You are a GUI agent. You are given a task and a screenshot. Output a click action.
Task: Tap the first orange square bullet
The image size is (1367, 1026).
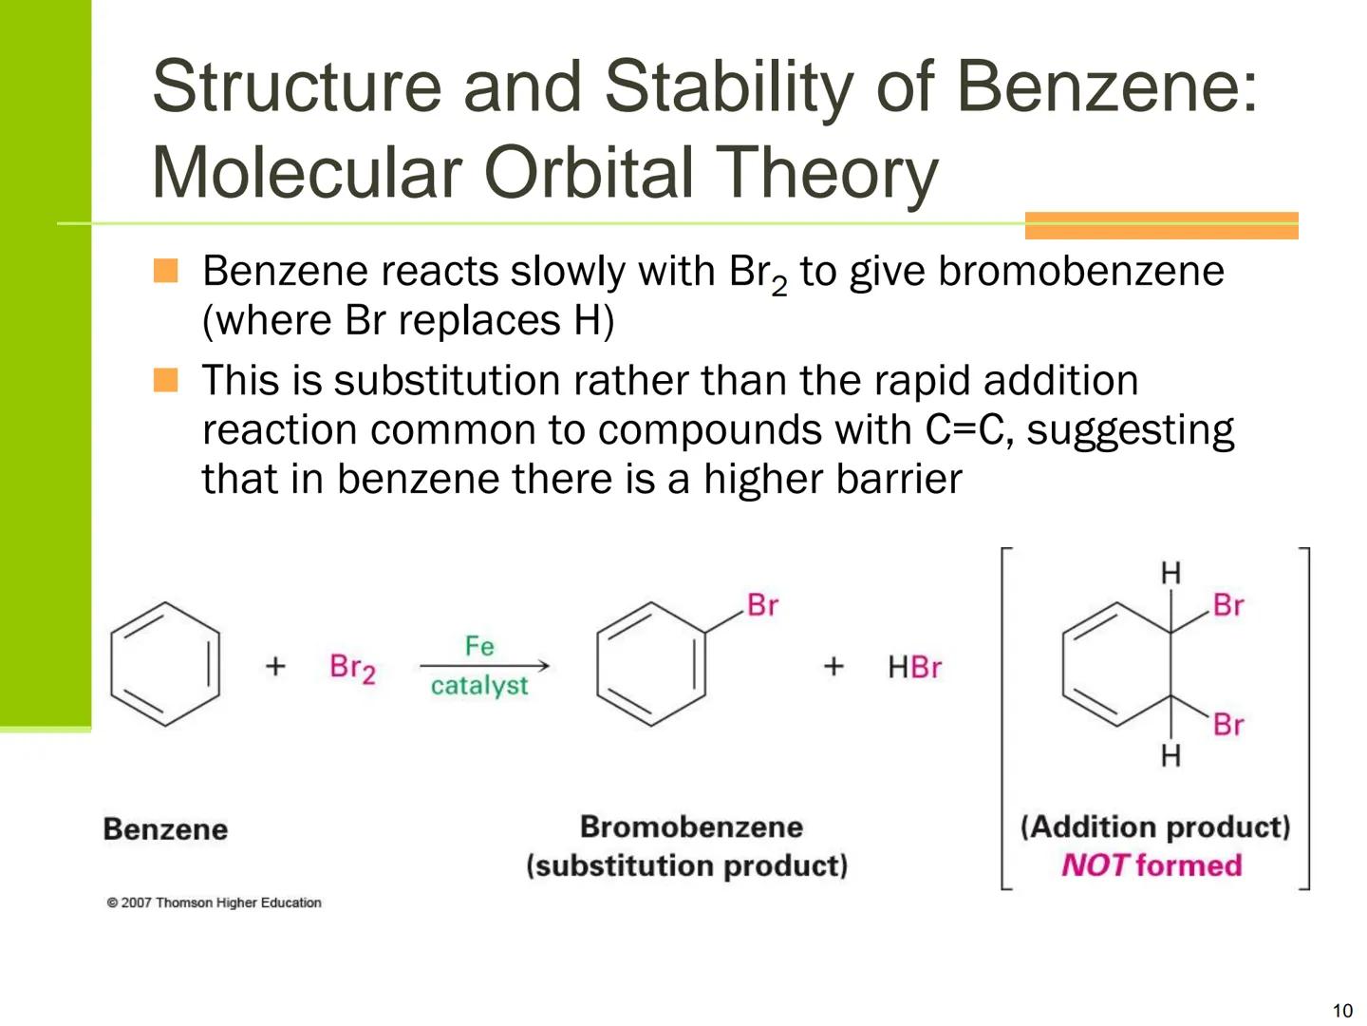[x=166, y=271]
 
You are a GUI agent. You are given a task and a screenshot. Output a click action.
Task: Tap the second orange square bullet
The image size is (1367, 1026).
[x=166, y=381]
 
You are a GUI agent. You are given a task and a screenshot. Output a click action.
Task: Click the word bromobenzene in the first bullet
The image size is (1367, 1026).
[x=1081, y=272]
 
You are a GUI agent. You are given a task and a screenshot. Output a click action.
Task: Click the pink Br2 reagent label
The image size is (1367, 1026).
[x=352, y=667]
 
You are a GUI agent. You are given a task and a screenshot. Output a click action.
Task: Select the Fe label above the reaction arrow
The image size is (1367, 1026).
[x=479, y=646]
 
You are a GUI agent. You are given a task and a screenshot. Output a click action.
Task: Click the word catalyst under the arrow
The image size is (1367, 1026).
[x=479, y=685]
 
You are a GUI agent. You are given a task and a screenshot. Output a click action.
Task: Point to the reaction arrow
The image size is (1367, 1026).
[x=484, y=666]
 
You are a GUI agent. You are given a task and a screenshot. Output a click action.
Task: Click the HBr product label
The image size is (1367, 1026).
[x=914, y=667]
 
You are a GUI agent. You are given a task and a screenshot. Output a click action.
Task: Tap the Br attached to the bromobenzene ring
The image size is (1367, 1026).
[x=762, y=605]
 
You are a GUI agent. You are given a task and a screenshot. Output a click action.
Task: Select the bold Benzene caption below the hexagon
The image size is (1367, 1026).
[x=165, y=829]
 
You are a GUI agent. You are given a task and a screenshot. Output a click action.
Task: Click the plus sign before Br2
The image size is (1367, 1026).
[x=275, y=666]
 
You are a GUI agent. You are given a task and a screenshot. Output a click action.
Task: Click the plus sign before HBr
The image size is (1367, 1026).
[x=833, y=666]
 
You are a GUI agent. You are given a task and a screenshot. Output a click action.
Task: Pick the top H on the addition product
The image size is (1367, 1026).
[x=1170, y=573]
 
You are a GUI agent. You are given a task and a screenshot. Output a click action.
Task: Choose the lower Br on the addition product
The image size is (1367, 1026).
[x=1227, y=725]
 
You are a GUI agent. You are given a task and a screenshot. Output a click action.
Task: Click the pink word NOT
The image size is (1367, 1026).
[x=1095, y=865]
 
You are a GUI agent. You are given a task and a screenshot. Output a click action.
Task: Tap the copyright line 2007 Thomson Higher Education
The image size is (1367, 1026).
[x=214, y=902]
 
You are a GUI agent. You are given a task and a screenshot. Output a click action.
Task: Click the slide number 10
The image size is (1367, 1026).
[x=1342, y=1010]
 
